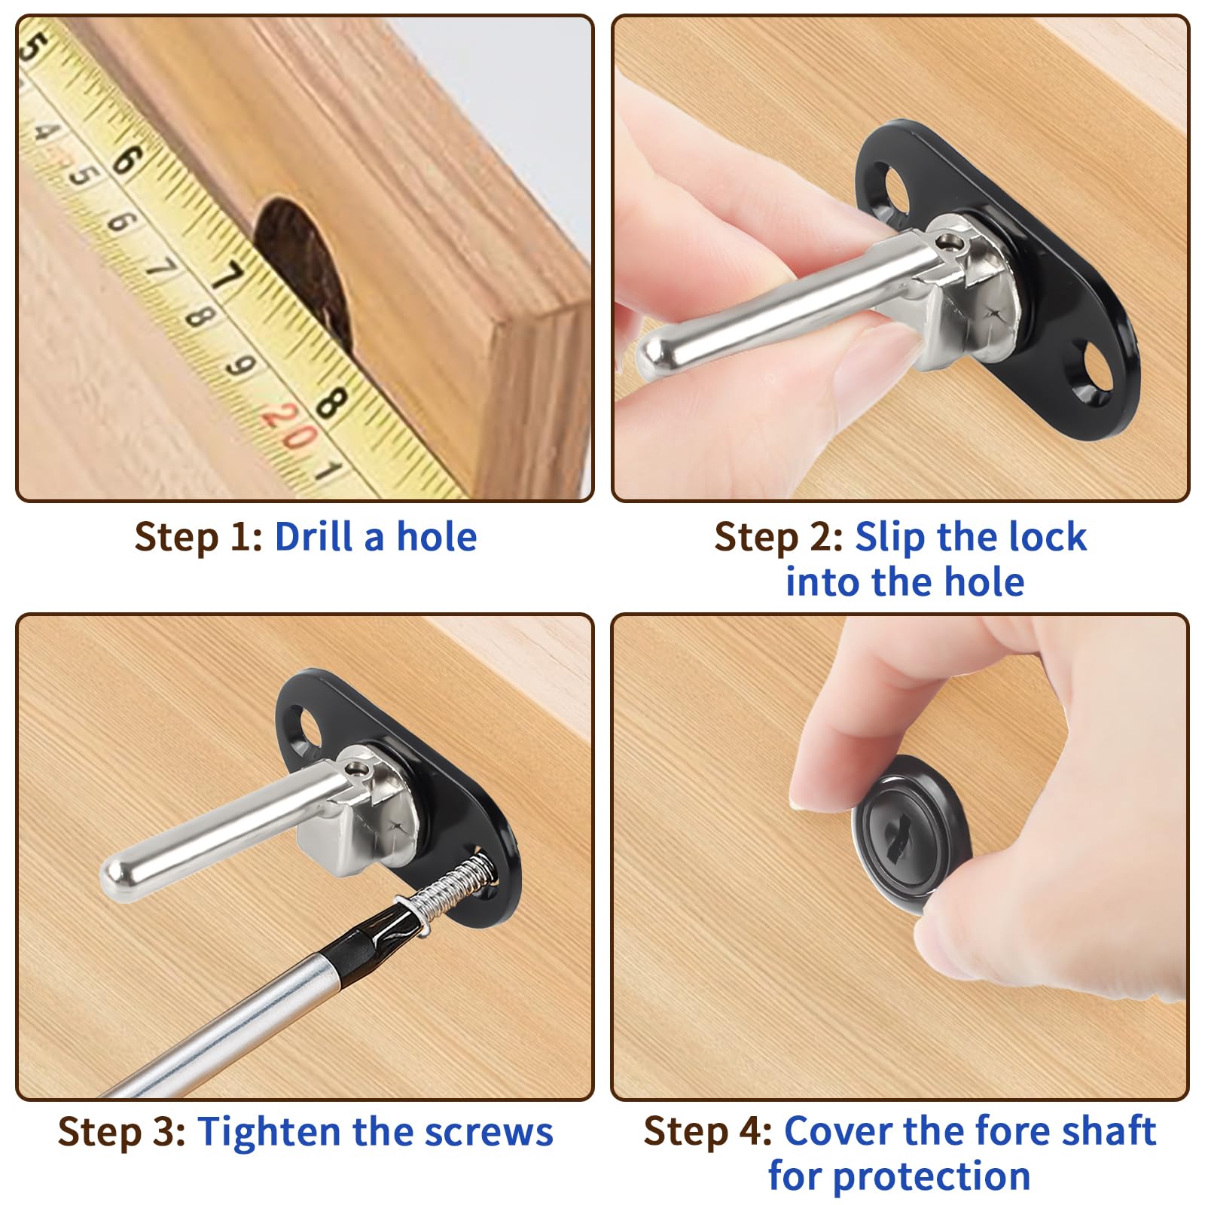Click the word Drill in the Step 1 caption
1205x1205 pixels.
(x=313, y=536)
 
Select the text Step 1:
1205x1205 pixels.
(x=198, y=537)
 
